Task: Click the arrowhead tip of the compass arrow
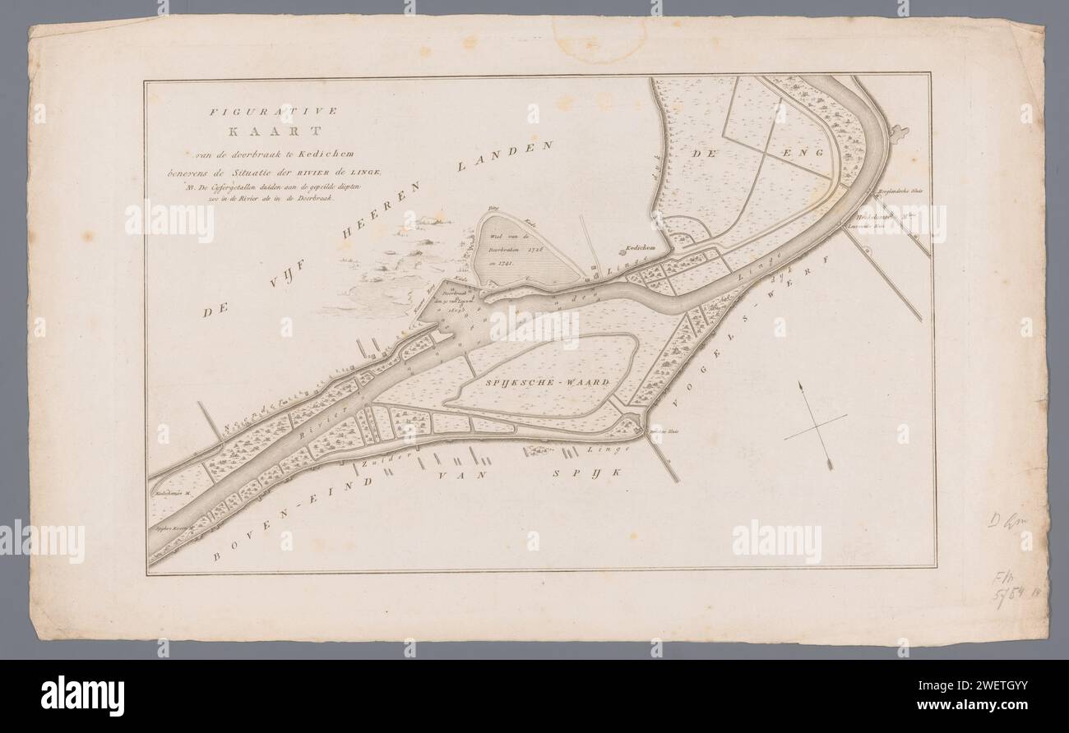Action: pos(797,385)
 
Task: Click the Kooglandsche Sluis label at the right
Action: pos(902,193)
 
